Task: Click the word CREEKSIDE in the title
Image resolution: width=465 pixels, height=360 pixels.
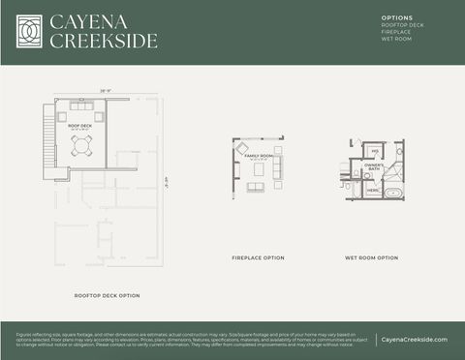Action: tap(103, 41)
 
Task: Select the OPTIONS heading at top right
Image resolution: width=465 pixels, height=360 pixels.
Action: tap(397, 18)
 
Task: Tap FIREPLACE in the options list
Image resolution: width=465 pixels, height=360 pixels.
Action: tap(397, 32)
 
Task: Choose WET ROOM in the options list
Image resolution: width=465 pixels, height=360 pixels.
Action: tap(397, 39)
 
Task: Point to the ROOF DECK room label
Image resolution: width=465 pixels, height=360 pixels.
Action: tap(79, 127)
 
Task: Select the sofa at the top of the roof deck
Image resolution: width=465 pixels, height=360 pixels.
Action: tap(80, 105)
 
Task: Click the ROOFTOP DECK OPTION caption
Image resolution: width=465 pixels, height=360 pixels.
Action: tap(108, 295)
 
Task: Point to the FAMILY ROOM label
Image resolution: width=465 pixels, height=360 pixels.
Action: tap(258, 155)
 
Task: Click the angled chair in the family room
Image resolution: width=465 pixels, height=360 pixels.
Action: tap(243, 147)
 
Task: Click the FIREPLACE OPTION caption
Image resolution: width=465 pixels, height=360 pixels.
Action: tap(258, 258)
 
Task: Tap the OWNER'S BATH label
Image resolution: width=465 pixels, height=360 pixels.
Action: tap(374, 167)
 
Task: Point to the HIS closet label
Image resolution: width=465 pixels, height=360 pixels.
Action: tap(374, 151)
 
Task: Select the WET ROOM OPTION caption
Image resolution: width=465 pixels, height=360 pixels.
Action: tap(372, 258)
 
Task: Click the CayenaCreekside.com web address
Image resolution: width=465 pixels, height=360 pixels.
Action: tap(414, 340)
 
